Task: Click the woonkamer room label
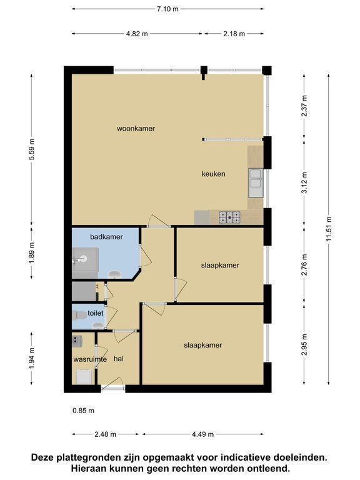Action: (136, 129)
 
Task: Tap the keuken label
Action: (213, 174)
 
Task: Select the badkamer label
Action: (106, 237)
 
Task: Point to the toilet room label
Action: (95, 313)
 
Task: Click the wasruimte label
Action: (90, 359)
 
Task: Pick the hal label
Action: (119, 359)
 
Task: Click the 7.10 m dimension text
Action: (167, 9)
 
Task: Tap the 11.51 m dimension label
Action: (329, 229)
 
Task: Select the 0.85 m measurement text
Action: (83, 411)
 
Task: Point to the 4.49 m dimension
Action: (202, 434)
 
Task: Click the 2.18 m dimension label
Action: (234, 34)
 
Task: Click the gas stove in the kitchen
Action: (229, 217)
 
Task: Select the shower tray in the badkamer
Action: (85, 259)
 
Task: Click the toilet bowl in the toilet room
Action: (80, 315)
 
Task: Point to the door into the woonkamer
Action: (159, 221)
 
